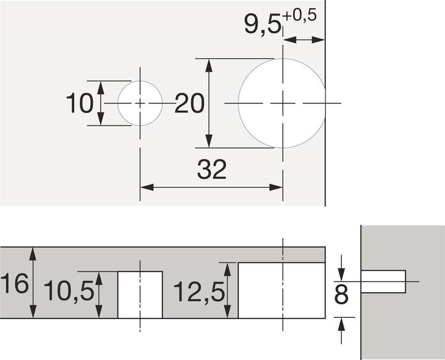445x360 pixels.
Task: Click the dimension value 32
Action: [x=212, y=169]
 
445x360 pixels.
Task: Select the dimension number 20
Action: [x=189, y=104]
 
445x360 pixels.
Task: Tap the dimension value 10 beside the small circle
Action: [x=79, y=103]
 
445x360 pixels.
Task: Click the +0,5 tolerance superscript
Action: [x=300, y=16]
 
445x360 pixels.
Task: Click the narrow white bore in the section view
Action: [x=140, y=294]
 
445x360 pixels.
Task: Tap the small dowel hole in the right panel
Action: [x=383, y=281]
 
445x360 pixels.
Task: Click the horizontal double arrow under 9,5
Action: [x=304, y=40]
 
